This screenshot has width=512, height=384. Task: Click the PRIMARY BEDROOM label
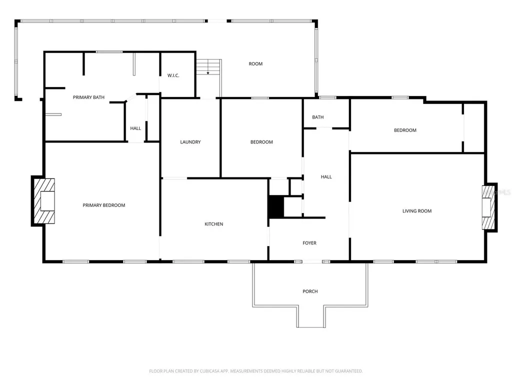(x=104, y=205)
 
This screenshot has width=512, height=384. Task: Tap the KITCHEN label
(x=214, y=224)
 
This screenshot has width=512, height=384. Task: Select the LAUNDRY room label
(x=190, y=142)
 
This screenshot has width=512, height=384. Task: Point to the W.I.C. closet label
(x=173, y=75)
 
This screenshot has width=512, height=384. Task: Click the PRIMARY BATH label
(x=88, y=97)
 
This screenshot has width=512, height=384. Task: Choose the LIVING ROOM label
(x=417, y=211)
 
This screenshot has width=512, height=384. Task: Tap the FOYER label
(x=309, y=243)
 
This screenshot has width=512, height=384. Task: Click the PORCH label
(x=310, y=291)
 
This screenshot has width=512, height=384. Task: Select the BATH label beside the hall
(x=317, y=117)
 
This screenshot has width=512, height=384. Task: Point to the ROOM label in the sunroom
(x=255, y=63)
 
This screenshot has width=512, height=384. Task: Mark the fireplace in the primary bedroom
(x=44, y=201)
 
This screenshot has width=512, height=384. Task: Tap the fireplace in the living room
(x=489, y=207)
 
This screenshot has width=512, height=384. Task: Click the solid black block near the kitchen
(x=276, y=207)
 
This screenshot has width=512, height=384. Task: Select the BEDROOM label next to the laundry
(x=261, y=142)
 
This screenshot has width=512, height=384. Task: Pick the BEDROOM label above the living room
(x=405, y=130)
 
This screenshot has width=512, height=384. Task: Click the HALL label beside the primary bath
(x=135, y=128)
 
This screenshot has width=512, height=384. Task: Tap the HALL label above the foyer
(x=326, y=176)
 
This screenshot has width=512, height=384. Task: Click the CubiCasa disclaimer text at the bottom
(x=255, y=371)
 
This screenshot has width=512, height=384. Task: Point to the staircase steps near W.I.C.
(x=208, y=67)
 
